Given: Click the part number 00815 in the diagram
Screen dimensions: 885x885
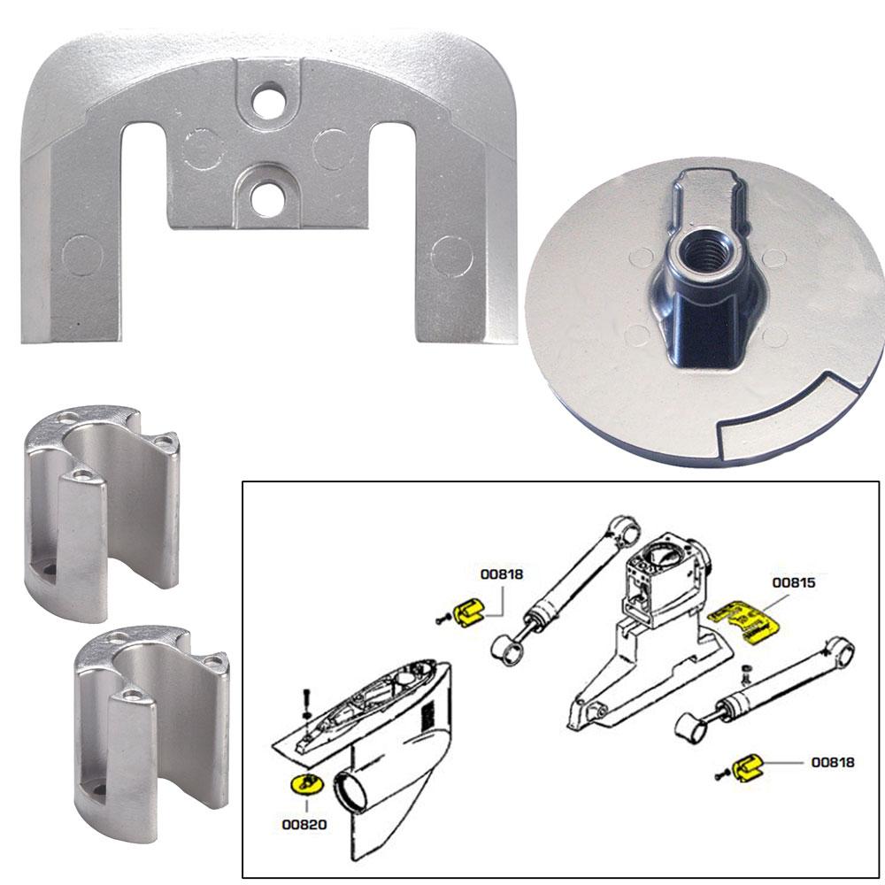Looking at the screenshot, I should tap(793, 583).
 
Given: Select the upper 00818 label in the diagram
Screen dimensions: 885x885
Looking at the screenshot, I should tap(502, 573).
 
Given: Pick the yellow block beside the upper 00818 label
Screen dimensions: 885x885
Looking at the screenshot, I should tap(470, 612).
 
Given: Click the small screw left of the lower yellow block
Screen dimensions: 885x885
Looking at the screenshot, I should tap(721, 774).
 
